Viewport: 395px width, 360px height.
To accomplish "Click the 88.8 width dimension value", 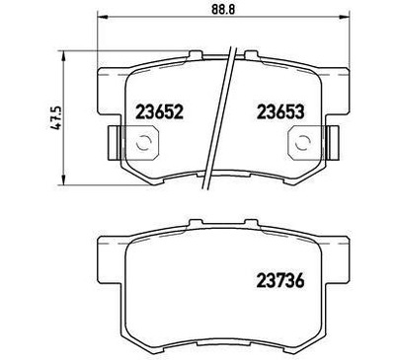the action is click(x=223, y=9).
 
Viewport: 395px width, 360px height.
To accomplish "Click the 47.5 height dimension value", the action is click(x=55, y=117).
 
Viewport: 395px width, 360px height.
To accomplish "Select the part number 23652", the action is click(x=159, y=112).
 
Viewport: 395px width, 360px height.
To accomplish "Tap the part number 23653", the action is click(x=280, y=112).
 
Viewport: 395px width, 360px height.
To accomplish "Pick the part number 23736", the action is click(x=280, y=281).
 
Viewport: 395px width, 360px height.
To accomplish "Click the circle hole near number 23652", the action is click(x=144, y=143).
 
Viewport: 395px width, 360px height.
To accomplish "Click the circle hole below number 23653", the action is click(x=303, y=143).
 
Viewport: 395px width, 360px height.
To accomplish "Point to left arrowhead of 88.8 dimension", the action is click(x=102, y=16).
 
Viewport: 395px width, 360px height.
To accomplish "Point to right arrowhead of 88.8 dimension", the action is click(x=345, y=16).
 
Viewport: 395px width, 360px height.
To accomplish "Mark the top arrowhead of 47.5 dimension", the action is click(x=63, y=55).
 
